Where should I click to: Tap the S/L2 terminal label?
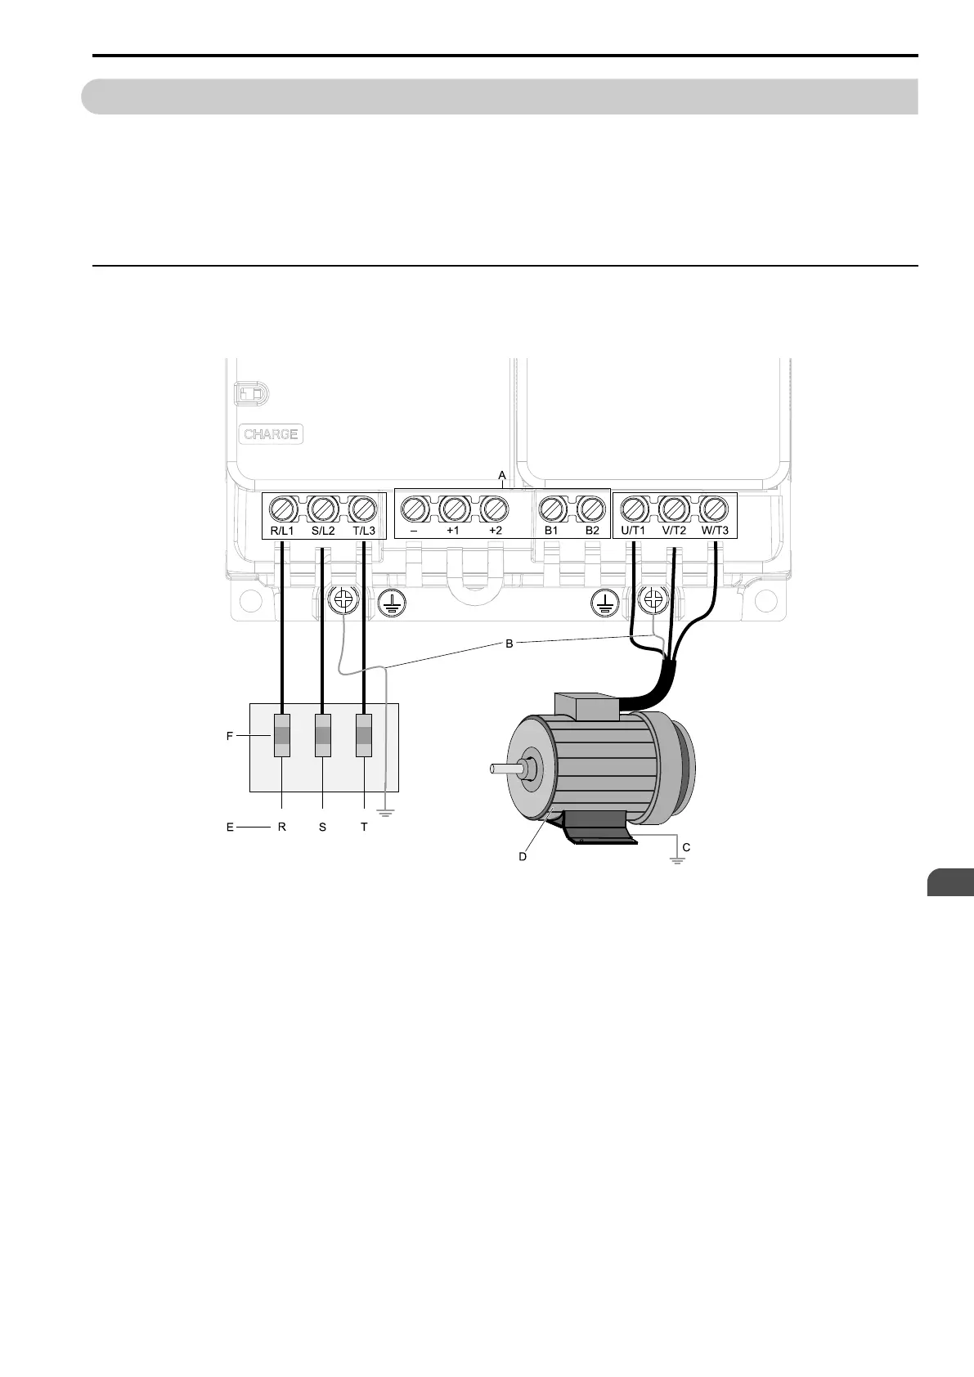pos(323,531)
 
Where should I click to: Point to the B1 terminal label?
pos(551,531)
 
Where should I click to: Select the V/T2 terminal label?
pos(674,531)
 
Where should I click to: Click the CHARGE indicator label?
pos(271,434)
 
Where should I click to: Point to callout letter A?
pos(502,475)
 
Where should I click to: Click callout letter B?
pos(509,644)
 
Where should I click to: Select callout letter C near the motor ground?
pos(686,847)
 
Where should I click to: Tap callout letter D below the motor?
pos(523,856)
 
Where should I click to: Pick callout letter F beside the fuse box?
pos(230,736)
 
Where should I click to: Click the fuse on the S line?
pos(323,735)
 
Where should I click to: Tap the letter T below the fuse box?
pos(364,827)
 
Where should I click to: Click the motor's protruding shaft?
pos(503,768)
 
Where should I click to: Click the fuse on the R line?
pos(281,735)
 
